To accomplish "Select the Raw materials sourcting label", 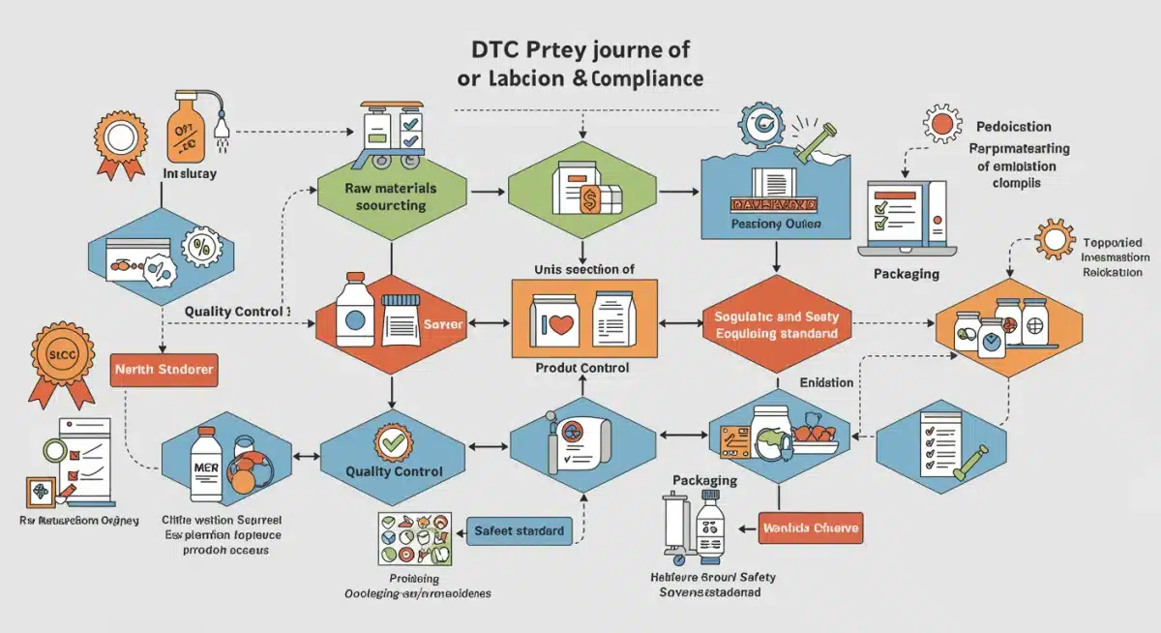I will (x=390, y=196).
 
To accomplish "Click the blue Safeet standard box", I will (x=519, y=530).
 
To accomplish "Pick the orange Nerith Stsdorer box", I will (x=163, y=370).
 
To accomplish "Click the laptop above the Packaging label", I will (x=907, y=218).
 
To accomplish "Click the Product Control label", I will (x=582, y=369).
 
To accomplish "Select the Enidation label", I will (x=826, y=382).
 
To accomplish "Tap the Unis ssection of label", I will (x=583, y=270).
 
